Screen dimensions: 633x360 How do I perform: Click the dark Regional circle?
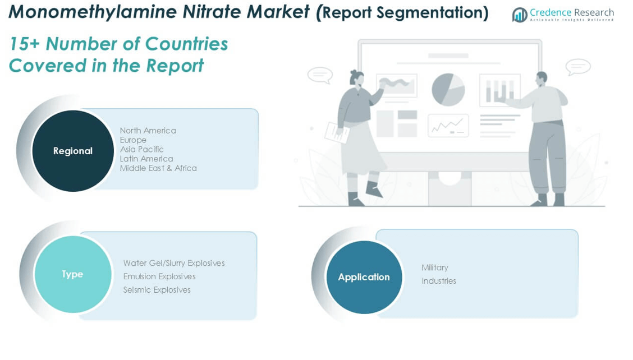click(x=73, y=151)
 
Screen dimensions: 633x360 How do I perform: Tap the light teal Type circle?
click(x=73, y=274)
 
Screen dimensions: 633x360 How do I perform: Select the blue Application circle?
click(x=364, y=277)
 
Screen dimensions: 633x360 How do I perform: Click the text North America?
click(x=148, y=130)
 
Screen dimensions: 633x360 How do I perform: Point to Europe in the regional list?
click(x=133, y=140)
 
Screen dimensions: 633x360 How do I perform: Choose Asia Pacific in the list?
click(x=142, y=149)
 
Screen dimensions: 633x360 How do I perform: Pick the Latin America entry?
click(x=146, y=159)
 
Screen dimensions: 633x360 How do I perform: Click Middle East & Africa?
click(x=158, y=168)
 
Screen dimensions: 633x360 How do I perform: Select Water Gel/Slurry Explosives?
click(x=174, y=263)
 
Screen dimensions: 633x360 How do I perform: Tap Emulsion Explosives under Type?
click(x=159, y=276)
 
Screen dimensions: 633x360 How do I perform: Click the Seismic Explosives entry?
click(x=157, y=290)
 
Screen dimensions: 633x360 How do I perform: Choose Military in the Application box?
click(x=435, y=267)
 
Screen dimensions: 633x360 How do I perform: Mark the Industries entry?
click(x=439, y=281)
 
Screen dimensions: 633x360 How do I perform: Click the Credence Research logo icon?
click(x=520, y=15)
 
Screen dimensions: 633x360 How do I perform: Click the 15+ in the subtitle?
click(x=24, y=44)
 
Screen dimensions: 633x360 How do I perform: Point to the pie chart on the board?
click(x=448, y=90)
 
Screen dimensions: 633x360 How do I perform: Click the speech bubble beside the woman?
click(x=320, y=75)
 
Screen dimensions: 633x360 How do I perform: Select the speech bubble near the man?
click(x=577, y=67)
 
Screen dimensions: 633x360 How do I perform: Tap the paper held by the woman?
click(x=337, y=132)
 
